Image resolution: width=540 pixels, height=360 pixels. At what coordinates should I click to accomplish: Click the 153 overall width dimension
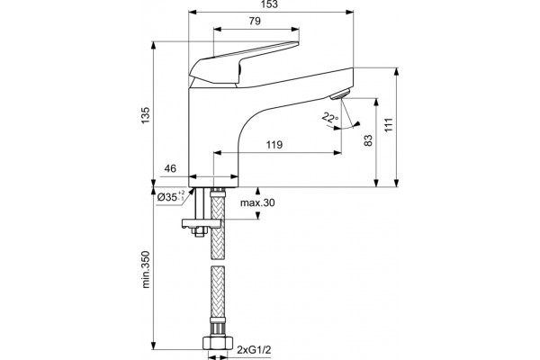(269, 4)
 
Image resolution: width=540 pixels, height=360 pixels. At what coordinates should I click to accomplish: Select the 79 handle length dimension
(255, 21)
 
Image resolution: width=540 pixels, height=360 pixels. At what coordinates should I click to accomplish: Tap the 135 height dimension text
(145, 116)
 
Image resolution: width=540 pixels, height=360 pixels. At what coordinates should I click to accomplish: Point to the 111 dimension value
(389, 125)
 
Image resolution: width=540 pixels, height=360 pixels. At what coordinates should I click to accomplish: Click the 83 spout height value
(368, 140)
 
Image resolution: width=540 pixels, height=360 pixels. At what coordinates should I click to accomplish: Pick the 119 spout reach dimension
(274, 144)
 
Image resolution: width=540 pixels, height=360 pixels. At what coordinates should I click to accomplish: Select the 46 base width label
(170, 168)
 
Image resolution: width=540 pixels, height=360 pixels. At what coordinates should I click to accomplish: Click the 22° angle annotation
(330, 118)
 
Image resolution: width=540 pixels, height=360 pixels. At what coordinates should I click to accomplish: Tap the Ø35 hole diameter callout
(171, 197)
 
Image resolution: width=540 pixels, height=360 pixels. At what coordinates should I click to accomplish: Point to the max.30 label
(257, 202)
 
